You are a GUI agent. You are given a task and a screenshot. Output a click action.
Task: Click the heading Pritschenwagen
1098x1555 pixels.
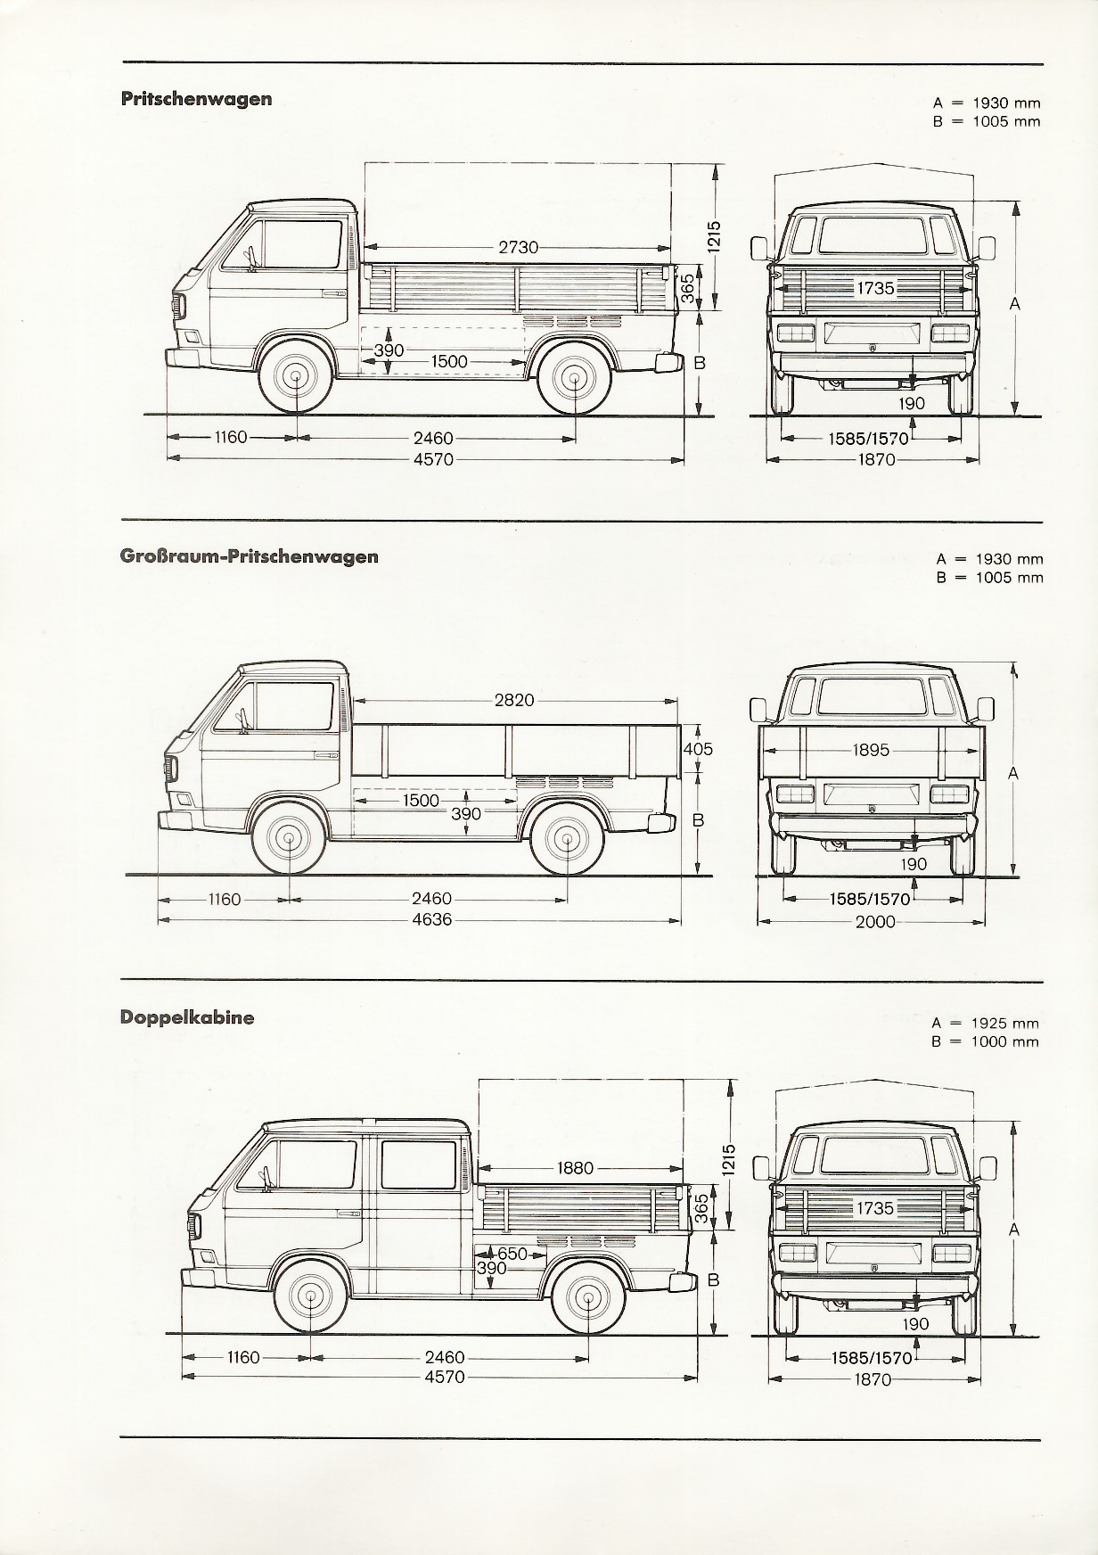(196, 99)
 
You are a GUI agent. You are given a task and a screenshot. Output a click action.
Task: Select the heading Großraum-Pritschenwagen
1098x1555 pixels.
(250, 556)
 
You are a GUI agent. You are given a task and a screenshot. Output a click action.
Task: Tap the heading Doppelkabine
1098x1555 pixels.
(187, 1017)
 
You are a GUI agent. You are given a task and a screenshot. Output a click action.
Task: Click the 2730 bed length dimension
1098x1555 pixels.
(519, 247)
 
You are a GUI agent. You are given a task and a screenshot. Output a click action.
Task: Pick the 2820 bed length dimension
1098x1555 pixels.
(514, 700)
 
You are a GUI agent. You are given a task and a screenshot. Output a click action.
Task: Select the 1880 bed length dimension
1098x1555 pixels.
(575, 1168)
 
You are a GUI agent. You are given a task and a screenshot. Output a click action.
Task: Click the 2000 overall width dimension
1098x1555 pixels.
(875, 922)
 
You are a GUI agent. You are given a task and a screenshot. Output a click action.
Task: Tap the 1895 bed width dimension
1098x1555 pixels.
(871, 750)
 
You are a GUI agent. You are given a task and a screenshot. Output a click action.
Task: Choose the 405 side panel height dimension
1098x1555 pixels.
(698, 749)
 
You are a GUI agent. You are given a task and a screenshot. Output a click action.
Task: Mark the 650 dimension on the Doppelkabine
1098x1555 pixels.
(512, 1254)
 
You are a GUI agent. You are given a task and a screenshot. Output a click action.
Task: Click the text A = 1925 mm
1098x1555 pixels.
(986, 1024)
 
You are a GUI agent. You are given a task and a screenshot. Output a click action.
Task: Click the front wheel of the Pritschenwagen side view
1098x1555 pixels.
(295, 379)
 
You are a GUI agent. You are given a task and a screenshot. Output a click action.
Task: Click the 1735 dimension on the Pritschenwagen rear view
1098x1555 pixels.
(875, 288)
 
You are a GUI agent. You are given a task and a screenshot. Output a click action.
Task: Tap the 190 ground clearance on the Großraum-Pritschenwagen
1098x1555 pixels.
(914, 864)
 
